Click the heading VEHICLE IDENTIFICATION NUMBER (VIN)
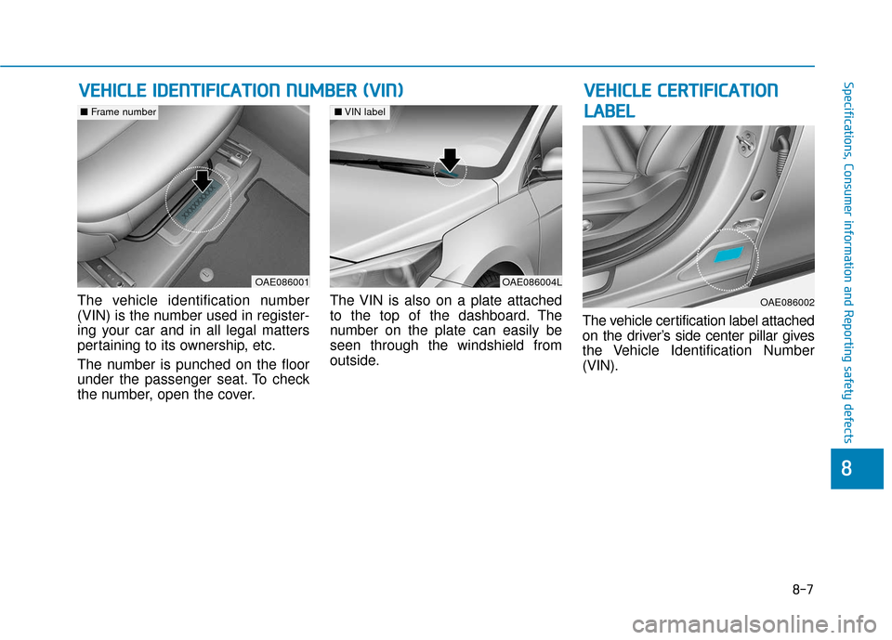coord(241,90)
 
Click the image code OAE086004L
coord(531,281)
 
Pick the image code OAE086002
coord(785,302)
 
